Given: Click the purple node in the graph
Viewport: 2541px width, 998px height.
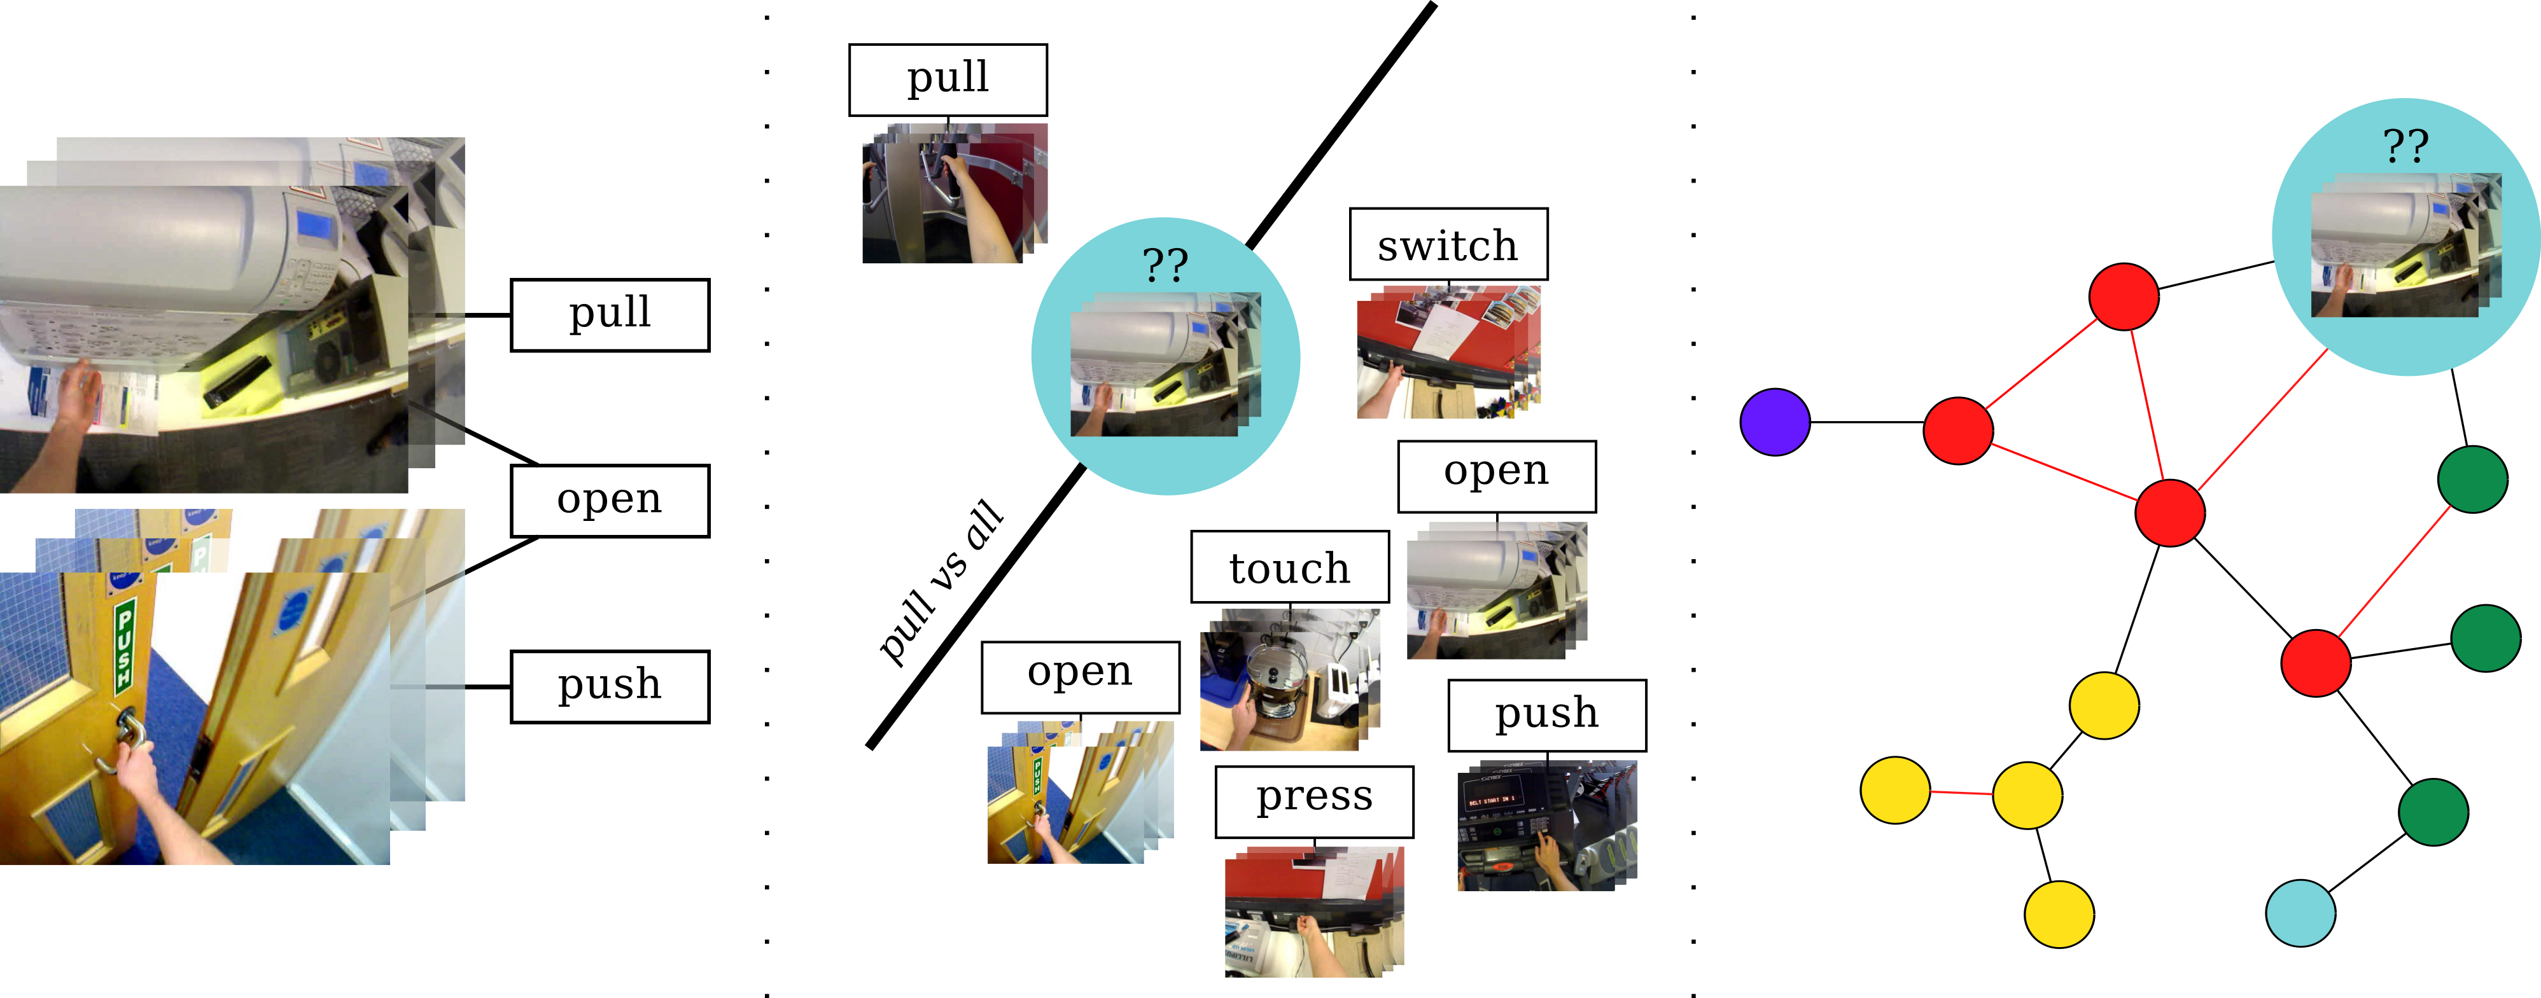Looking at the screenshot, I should [x=1775, y=422].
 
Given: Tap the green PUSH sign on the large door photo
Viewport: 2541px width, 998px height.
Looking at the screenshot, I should [x=125, y=647].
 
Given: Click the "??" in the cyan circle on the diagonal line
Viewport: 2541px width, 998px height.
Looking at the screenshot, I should [x=1165, y=265].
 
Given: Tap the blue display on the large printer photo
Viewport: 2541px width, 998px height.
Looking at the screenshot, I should [x=314, y=225].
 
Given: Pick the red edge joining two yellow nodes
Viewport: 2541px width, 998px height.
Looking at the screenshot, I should [x=1961, y=792].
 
